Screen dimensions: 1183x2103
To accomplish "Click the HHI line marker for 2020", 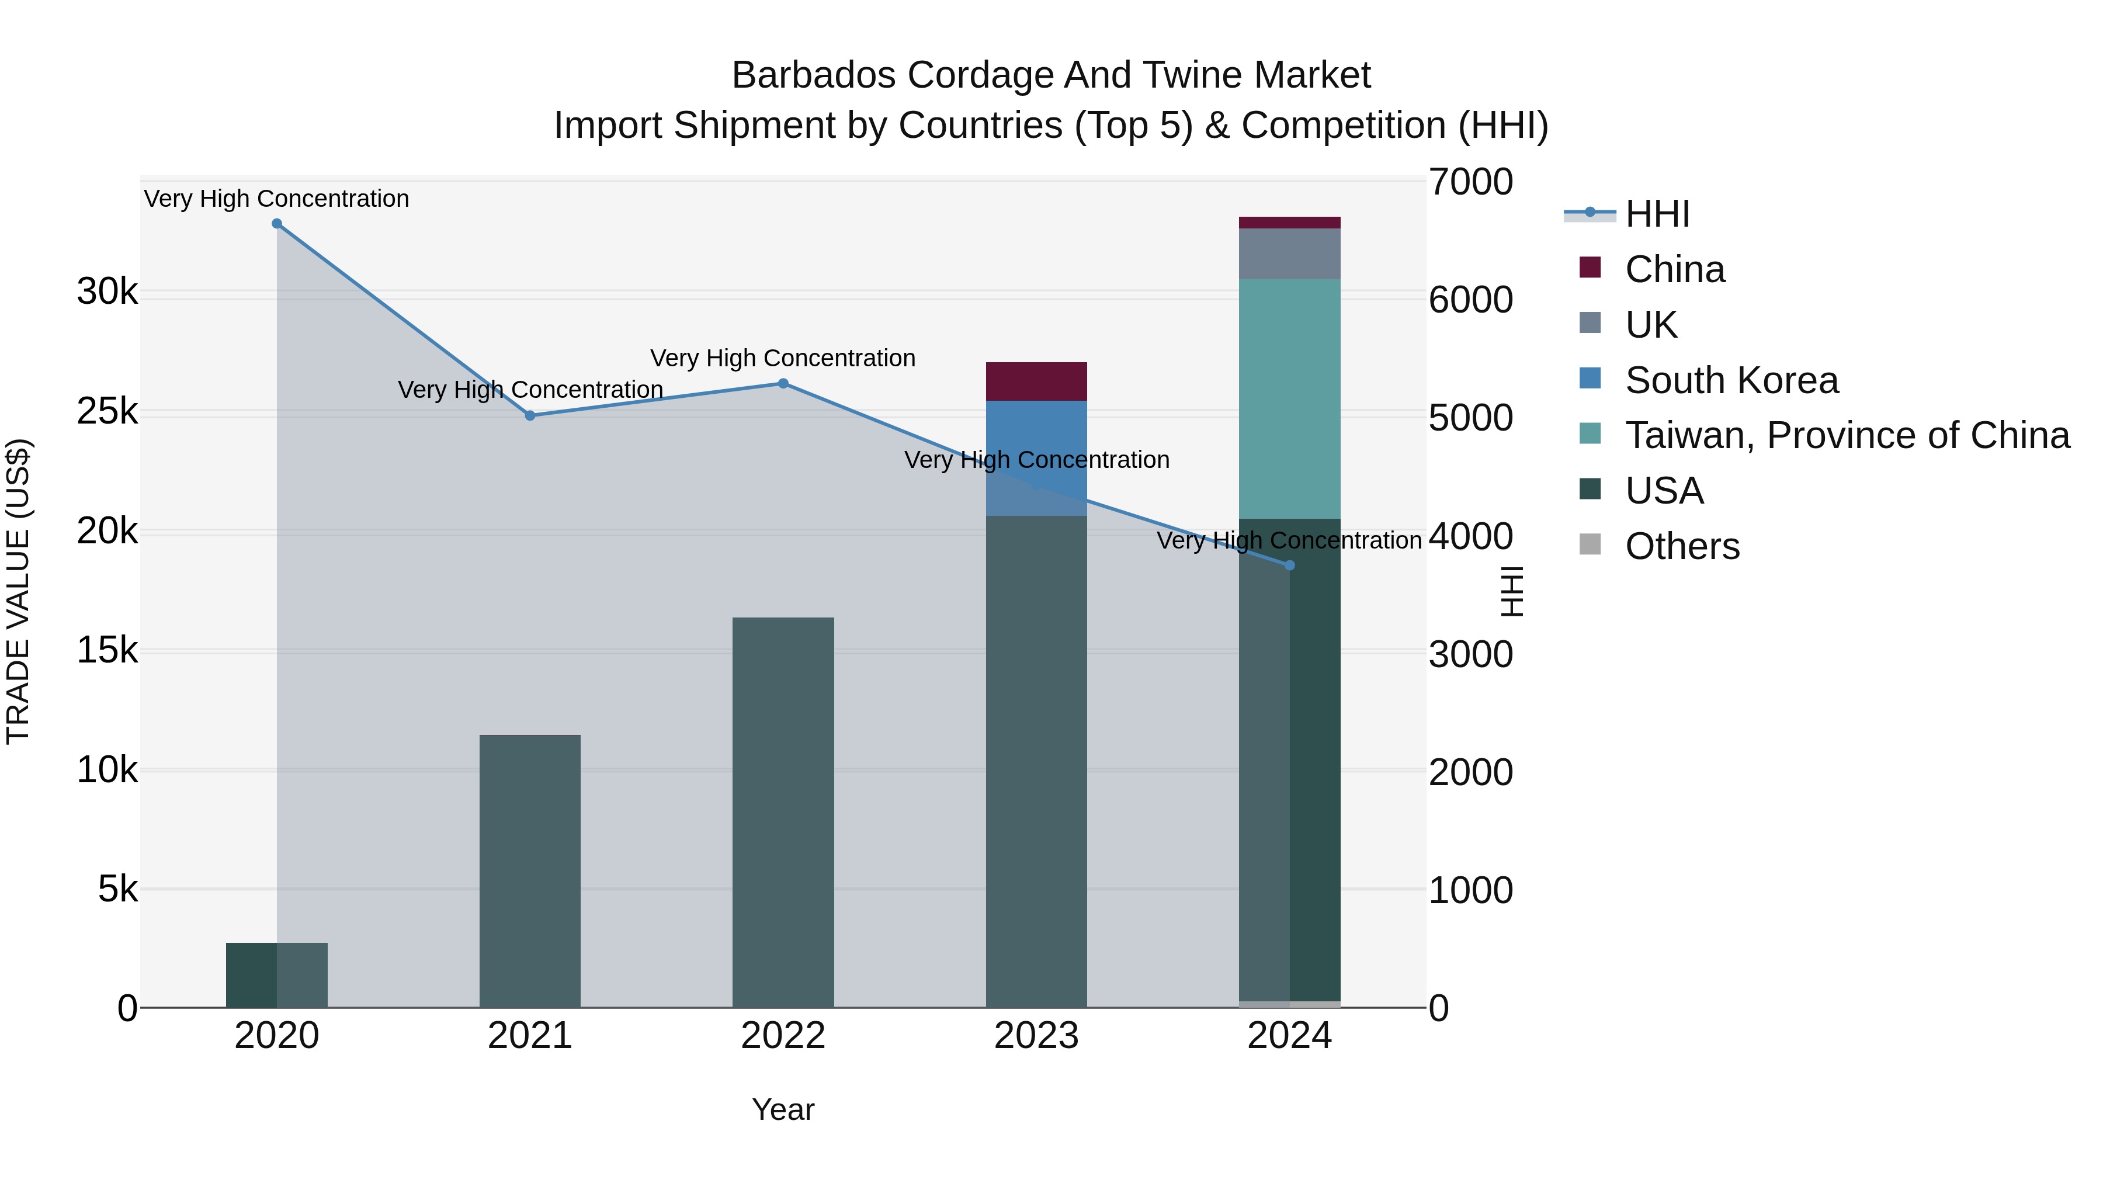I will click(x=277, y=224).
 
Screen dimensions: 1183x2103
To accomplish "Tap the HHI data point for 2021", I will click(x=530, y=415).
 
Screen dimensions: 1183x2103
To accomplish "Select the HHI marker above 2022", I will click(x=783, y=384).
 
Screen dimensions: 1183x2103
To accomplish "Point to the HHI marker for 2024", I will click(x=1290, y=565).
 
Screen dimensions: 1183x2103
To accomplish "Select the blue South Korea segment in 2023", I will click(x=1036, y=433).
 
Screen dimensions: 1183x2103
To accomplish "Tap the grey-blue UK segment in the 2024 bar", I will click(x=1290, y=254).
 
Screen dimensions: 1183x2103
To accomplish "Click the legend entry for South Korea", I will click(x=1731, y=380).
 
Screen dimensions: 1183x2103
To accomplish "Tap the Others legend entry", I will click(x=1682, y=546).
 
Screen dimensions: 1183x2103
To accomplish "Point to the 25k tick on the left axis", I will click(x=107, y=411).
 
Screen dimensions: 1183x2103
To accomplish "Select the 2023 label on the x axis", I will click(x=1036, y=1036).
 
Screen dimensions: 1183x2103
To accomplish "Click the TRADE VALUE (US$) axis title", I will click(x=18, y=591).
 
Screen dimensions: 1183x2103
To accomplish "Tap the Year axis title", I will click(x=783, y=1109).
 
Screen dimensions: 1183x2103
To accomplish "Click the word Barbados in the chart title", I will click(x=813, y=75).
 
